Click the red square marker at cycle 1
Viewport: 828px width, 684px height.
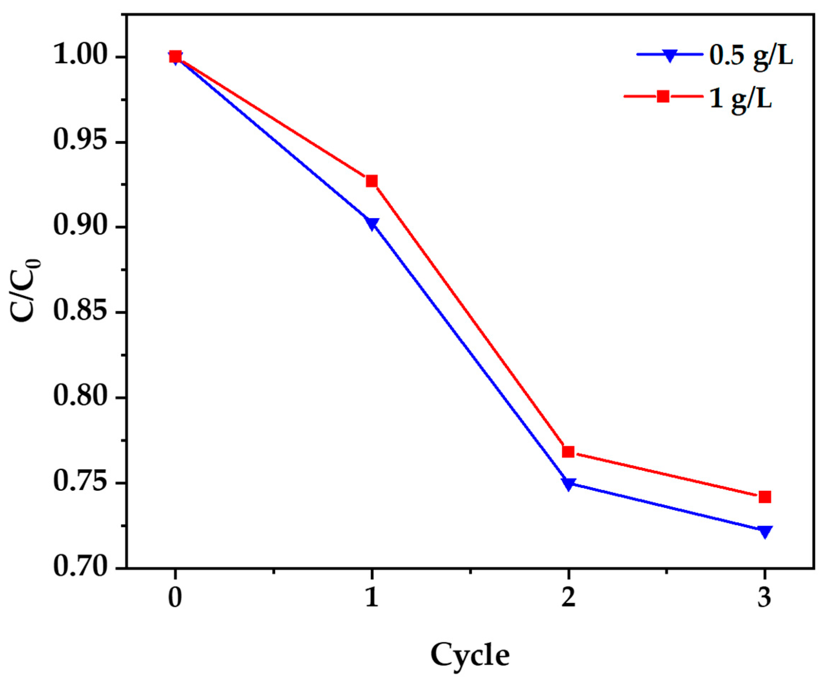371,181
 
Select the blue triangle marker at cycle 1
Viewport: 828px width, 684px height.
371,223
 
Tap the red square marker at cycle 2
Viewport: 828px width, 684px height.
567,452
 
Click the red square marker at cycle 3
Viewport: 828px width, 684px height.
764,497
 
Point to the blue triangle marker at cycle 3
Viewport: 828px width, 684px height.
764,531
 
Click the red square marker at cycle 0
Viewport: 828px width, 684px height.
175,57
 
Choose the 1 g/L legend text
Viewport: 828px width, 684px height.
740,98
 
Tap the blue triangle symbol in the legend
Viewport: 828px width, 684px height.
669,56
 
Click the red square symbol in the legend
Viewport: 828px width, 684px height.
663,96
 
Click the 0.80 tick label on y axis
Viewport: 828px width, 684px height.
80,397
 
